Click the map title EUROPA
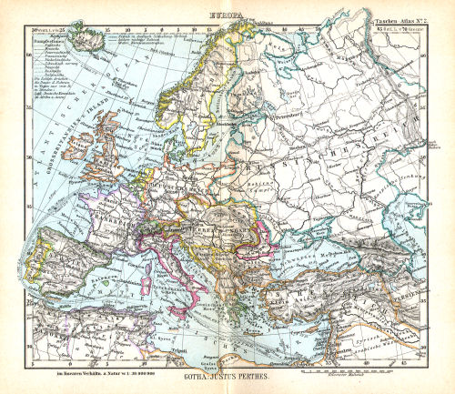pos(227,15)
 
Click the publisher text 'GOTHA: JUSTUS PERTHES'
pos(227,376)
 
